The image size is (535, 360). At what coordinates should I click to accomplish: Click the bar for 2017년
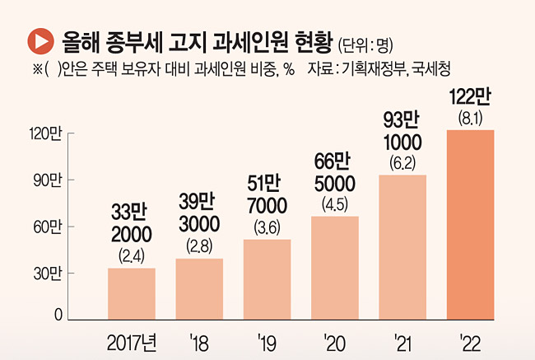point(132,293)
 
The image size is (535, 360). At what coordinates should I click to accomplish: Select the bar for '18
point(199,289)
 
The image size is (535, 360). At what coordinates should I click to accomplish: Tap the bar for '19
point(267,279)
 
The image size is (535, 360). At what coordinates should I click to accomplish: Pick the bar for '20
point(335,268)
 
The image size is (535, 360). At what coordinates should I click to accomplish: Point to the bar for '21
point(402,247)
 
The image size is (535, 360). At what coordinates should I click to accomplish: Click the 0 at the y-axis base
point(58,316)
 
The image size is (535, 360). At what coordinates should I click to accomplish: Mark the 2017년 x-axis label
point(133,340)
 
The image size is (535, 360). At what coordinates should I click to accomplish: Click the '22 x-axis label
point(470,340)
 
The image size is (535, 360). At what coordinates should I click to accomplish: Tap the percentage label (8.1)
point(471,119)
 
